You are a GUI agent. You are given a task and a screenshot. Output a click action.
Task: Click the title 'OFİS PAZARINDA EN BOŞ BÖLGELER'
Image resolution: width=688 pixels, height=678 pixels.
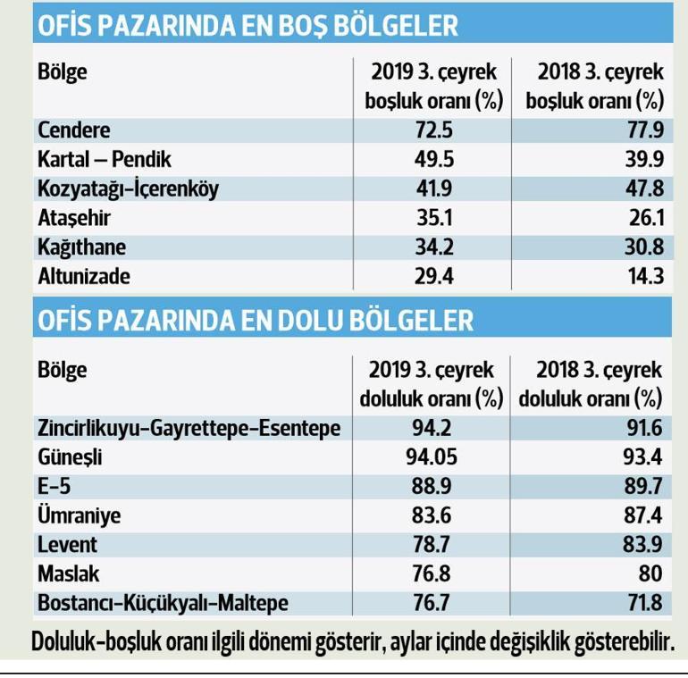click(247, 26)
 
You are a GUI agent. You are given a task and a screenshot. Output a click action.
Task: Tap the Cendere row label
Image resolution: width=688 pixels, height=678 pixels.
click(74, 130)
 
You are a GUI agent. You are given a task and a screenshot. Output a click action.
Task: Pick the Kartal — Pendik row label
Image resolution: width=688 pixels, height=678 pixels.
click(104, 160)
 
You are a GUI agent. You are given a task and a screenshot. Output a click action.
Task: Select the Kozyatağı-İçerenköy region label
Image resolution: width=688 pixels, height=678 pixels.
click(128, 189)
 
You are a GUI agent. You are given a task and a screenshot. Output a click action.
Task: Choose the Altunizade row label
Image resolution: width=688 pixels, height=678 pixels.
click(84, 276)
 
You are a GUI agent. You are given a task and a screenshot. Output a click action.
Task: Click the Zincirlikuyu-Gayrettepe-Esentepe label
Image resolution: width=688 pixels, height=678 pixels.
click(189, 429)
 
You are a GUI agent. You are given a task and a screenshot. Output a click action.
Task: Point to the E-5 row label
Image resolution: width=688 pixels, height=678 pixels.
click(55, 487)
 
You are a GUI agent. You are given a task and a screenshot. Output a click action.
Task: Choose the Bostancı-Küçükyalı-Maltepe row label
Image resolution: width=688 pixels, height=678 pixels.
click(163, 604)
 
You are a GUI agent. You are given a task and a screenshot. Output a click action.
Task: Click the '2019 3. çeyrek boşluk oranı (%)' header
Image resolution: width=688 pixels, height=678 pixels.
click(434, 86)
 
